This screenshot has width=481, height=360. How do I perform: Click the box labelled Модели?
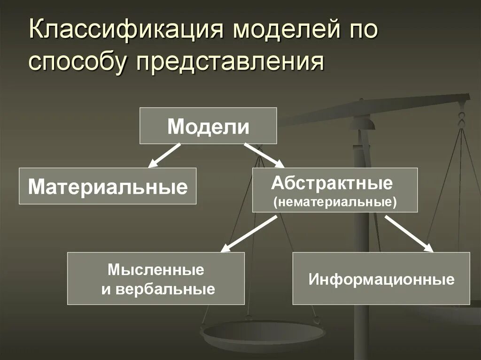[x=208, y=126]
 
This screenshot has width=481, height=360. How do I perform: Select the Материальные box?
[x=108, y=186]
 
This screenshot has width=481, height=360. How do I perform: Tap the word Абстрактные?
[x=332, y=183]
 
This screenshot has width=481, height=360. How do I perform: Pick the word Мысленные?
[x=156, y=269]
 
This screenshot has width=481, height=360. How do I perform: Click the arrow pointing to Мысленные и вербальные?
[x=248, y=234]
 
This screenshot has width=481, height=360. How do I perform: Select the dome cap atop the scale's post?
[x=363, y=123]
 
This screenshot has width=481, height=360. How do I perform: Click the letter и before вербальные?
[x=106, y=289]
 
